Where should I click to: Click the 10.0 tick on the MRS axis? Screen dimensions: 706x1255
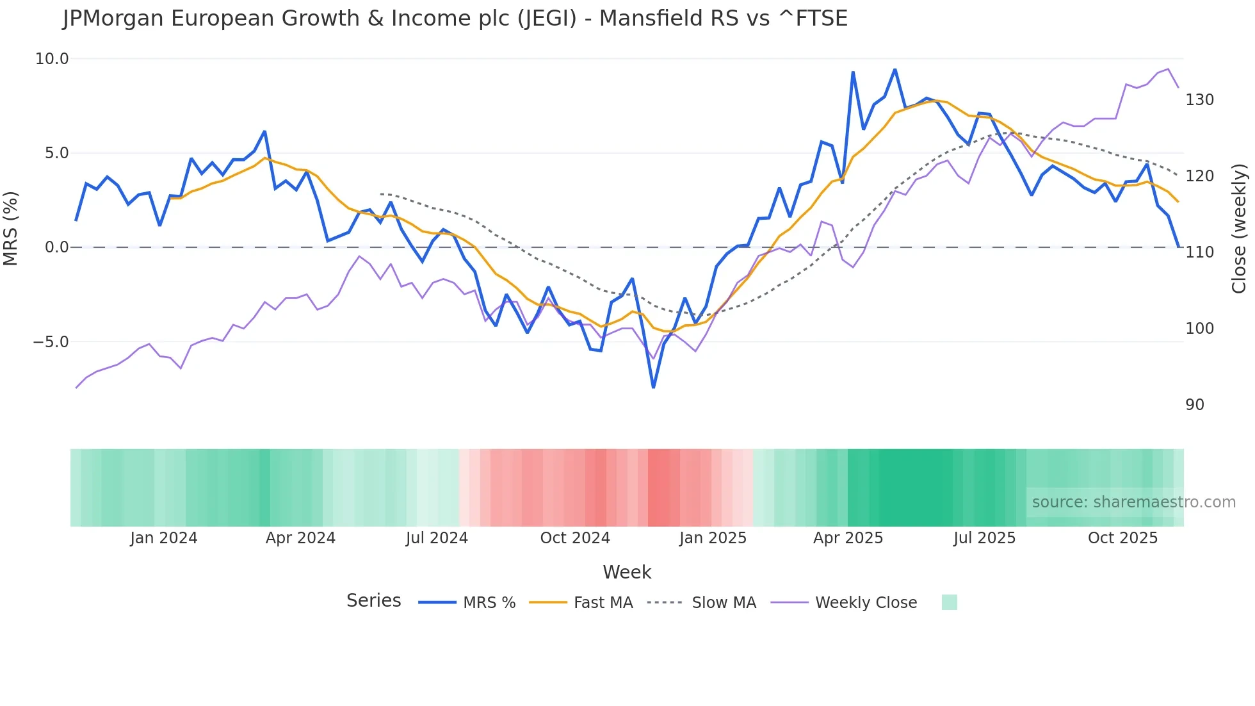[51, 59]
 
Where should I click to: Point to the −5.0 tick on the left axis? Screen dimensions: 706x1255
[51, 342]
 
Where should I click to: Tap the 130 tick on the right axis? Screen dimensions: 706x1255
[1199, 100]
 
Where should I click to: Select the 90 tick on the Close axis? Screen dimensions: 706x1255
[1195, 405]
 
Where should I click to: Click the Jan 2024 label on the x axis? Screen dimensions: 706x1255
[163, 538]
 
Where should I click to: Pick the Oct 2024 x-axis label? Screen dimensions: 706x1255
[575, 538]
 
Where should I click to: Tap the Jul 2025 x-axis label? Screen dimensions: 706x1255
[984, 538]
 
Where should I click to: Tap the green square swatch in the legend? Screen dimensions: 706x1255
[950, 602]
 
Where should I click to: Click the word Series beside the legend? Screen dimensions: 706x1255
[373, 601]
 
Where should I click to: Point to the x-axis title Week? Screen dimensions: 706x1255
[627, 572]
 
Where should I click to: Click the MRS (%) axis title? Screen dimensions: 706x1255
[11, 228]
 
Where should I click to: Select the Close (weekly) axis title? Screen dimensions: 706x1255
[1240, 229]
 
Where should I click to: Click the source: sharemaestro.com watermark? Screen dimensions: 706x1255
[1133, 502]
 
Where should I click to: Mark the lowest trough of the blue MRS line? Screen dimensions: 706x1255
[653, 387]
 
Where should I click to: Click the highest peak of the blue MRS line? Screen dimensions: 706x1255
[895, 69]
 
